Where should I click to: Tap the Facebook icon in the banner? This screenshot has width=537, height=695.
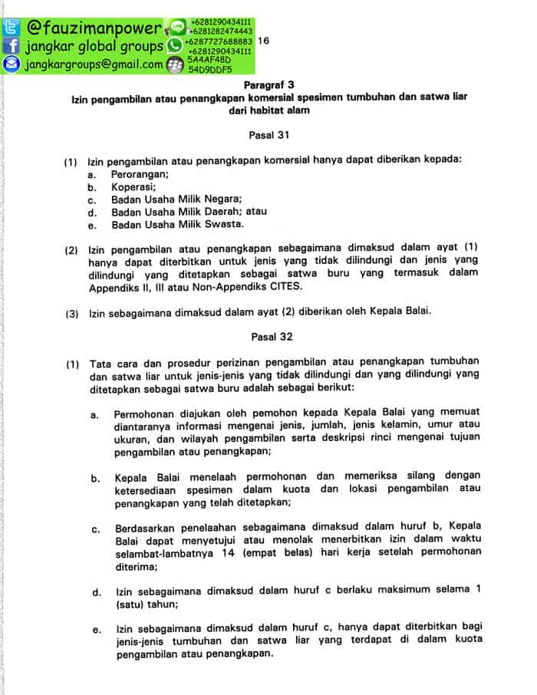tap(12, 47)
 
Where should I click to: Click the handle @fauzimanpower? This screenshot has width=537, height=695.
tap(93, 29)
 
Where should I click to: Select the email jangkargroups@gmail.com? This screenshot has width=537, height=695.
tap(94, 65)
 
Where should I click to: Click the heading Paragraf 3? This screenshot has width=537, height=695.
tap(268, 84)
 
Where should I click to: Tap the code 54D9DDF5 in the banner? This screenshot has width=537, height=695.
tap(210, 69)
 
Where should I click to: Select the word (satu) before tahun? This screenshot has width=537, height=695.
tap(129, 605)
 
